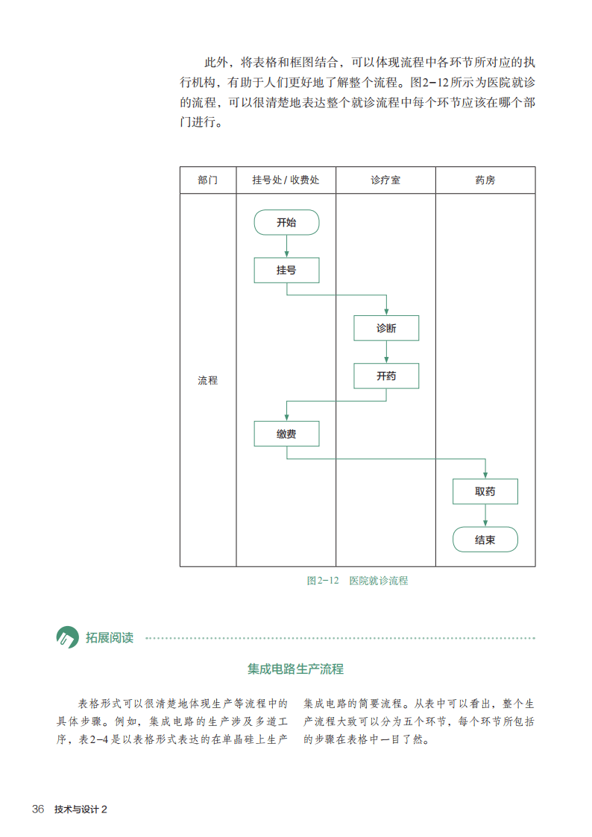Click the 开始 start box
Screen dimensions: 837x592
click(x=286, y=222)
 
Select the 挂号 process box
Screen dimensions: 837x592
click(x=286, y=270)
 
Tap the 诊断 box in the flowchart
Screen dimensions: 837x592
click(x=386, y=328)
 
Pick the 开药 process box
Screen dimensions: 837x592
click(x=386, y=376)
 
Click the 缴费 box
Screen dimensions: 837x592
click(x=286, y=434)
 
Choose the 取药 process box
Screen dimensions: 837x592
click(x=485, y=491)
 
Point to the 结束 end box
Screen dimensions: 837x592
click(x=485, y=540)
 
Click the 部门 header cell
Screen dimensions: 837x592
click(x=208, y=180)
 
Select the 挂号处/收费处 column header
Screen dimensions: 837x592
click(x=286, y=180)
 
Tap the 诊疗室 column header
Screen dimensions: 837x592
click(x=385, y=180)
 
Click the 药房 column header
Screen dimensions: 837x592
click(x=485, y=180)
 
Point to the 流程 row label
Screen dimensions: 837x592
click(x=208, y=380)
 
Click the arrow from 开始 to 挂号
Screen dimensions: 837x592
click(x=286, y=247)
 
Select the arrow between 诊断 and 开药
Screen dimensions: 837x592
click(x=386, y=352)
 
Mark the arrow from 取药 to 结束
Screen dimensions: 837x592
click(x=485, y=516)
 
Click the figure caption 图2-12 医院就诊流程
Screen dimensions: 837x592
click(x=357, y=581)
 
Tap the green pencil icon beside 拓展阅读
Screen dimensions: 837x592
click(x=68, y=637)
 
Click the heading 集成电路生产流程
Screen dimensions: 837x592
click(x=296, y=669)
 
